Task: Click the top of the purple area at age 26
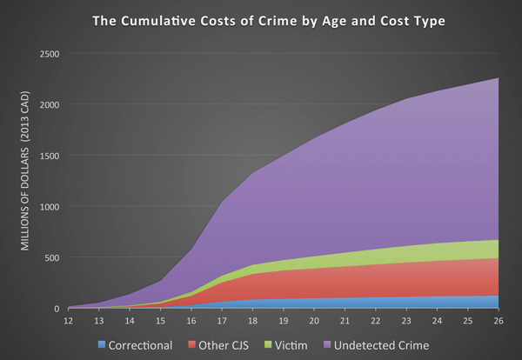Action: pos(498,78)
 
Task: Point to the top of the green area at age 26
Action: pos(498,240)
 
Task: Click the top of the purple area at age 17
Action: pos(223,203)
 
